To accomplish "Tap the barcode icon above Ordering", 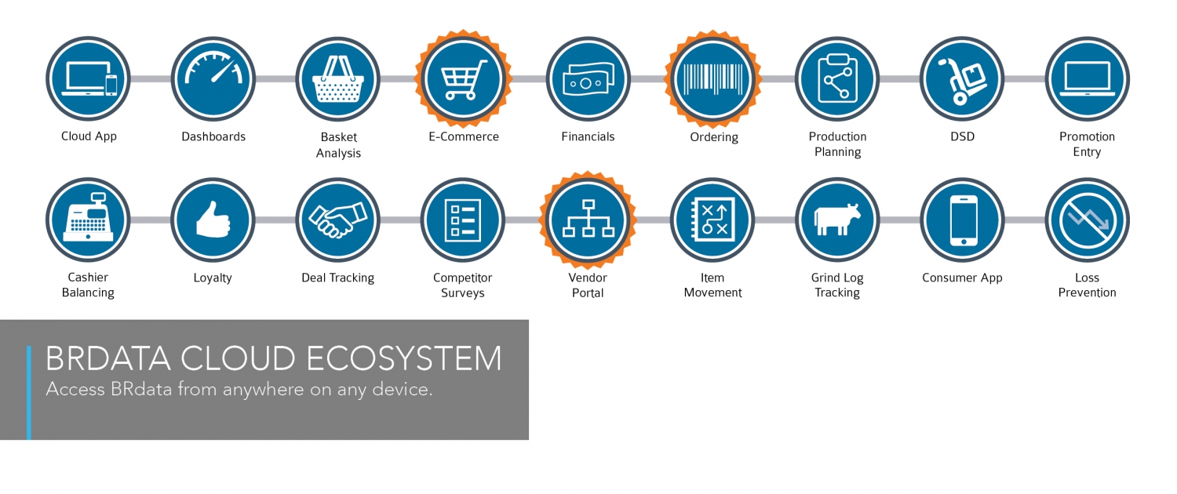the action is coord(713,78).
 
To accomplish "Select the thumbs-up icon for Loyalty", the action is coord(213,219).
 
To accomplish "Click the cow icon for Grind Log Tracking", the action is coord(837,219).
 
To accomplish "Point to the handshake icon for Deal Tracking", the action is coord(338,220).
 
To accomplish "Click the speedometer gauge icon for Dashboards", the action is coord(213,68).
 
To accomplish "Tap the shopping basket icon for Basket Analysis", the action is coord(338,78).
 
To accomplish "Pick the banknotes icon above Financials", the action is coord(588,79).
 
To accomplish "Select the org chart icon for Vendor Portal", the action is coord(588,219).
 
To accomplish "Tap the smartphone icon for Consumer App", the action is coord(963,220).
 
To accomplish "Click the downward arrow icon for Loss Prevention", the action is coord(1087,220).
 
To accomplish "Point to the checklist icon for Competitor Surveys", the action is coord(462,220).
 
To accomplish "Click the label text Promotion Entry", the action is coord(1087,143).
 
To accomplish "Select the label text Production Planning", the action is coord(837,143).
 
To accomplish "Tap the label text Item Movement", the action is coord(712,285).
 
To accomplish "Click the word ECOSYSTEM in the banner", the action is coord(404,358).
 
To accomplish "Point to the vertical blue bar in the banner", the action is coord(29,392).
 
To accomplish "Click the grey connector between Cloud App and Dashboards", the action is coord(151,78).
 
